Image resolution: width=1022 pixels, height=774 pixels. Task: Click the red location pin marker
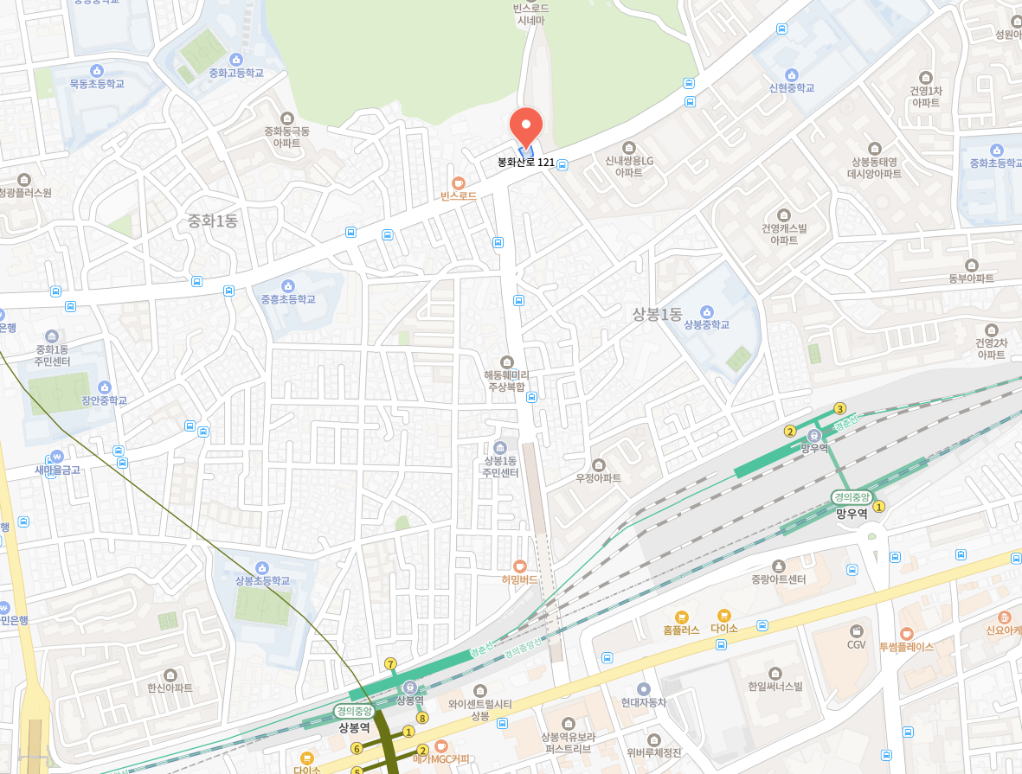[525, 127]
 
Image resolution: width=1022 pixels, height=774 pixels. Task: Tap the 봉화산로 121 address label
[526, 163]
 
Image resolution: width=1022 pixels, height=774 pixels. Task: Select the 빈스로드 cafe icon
[458, 182]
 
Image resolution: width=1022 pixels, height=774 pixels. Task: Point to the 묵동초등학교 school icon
[97, 70]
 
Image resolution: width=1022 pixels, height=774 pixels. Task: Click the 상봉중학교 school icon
[707, 311]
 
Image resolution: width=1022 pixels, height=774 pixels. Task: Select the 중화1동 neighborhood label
[213, 221]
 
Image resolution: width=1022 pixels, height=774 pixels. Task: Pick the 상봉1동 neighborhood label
[657, 314]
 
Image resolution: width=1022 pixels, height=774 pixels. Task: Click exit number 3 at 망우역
[839, 408]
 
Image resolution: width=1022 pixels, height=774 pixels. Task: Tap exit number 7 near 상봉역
[390, 664]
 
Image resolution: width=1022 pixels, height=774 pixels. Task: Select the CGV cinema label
[856, 644]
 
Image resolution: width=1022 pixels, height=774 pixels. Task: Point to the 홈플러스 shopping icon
[681, 617]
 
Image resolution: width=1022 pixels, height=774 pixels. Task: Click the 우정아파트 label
[598, 478]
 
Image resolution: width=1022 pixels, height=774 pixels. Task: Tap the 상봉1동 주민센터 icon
[500, 448]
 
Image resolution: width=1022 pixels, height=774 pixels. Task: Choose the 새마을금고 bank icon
[57, 456]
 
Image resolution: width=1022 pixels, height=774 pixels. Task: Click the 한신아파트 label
[170, 688]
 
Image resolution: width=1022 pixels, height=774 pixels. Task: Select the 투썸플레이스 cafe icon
[906, 634]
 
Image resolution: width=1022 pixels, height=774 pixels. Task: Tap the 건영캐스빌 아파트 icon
[784, 214]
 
